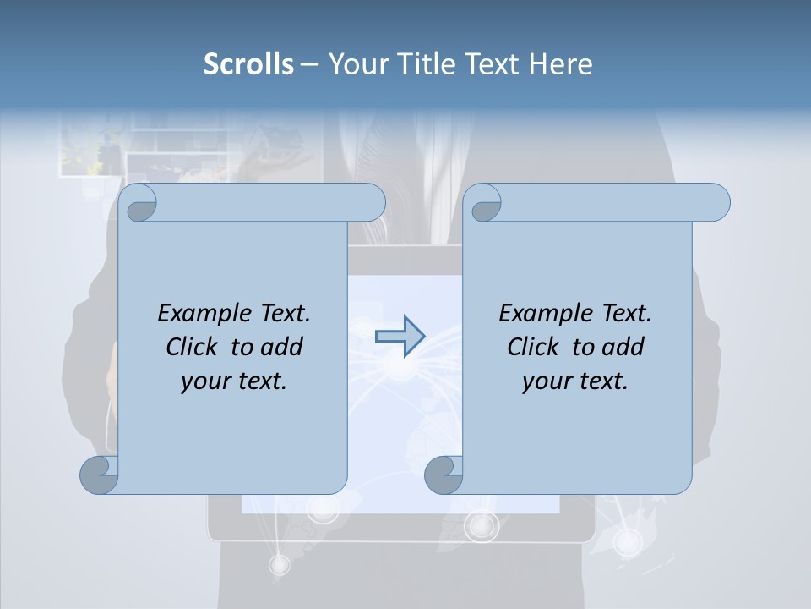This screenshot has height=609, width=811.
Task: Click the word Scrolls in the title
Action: (248, 64)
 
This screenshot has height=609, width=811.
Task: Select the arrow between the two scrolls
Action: (400, 337)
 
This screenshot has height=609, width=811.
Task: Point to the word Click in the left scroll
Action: (194, 347)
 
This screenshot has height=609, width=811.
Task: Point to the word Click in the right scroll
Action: (536, 347)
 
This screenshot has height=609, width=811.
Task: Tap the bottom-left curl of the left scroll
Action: (100, 474)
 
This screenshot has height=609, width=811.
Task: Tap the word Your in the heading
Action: (357, 64)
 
